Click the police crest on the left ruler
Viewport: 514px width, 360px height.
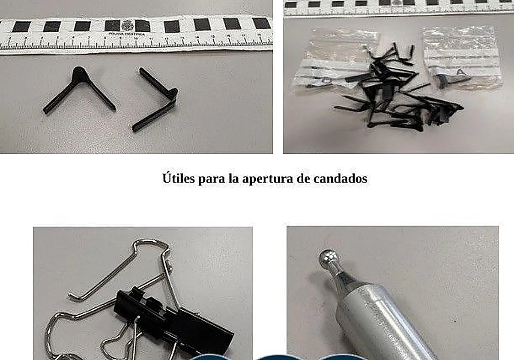[128, 26]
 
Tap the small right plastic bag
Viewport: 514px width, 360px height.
[463, 58]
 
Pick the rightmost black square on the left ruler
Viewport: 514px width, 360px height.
[261, 23]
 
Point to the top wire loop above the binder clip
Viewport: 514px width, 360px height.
[150, 246]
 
